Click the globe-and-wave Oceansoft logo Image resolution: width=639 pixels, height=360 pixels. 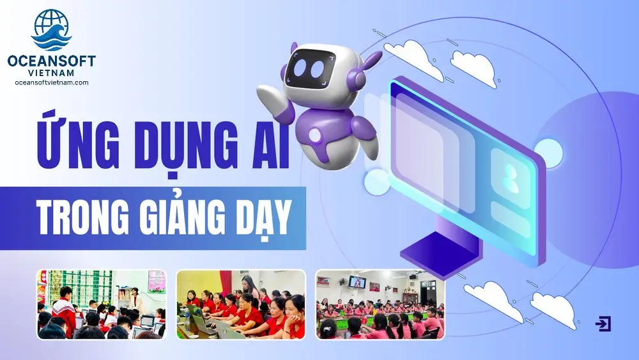coord(51,30)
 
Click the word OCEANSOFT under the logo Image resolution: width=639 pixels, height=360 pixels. coord(51,61)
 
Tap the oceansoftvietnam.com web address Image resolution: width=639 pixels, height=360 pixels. coord(52,82)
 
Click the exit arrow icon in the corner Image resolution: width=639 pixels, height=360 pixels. coord(603,324)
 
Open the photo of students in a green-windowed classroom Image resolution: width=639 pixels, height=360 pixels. coord(102,304)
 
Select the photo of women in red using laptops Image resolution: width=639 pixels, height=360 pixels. coord(241,304)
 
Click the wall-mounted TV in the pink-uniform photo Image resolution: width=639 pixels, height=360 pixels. coord(357,282)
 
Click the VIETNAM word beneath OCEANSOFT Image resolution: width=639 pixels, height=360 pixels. coord(52,73)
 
